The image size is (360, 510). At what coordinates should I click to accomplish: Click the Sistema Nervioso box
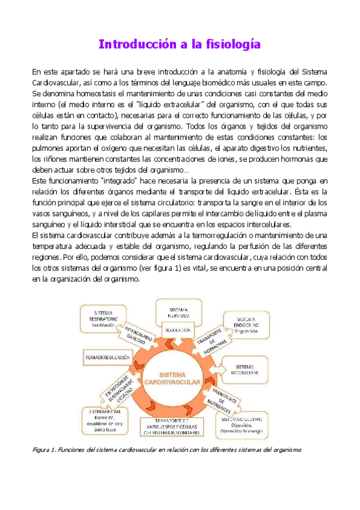[179, 312]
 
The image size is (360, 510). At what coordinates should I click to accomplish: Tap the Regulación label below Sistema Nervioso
[179, 330]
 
